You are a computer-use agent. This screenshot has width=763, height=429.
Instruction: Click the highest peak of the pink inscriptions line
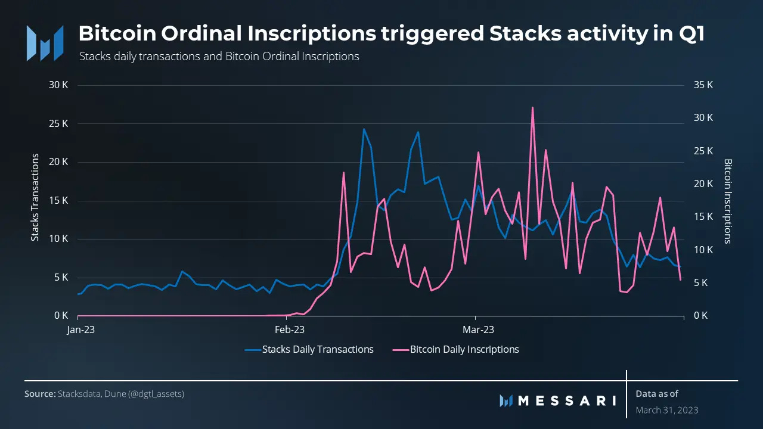click(532, 108)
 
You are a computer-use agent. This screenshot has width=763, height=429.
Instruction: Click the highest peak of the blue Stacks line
click(364, 129)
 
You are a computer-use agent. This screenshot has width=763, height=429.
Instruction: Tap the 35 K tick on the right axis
click(703, 85)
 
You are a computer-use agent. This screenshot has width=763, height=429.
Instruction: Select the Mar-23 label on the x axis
click(478, 329)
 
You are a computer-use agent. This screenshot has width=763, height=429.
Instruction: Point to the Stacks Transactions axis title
click(35, 197)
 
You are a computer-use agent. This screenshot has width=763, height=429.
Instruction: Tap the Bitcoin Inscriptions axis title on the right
click(727, 201)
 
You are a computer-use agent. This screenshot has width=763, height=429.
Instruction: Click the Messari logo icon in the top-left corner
click(45, 43)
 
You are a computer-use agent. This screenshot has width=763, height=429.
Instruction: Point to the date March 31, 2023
click(666, 410)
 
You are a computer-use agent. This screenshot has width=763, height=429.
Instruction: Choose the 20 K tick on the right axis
click(703, 184)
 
